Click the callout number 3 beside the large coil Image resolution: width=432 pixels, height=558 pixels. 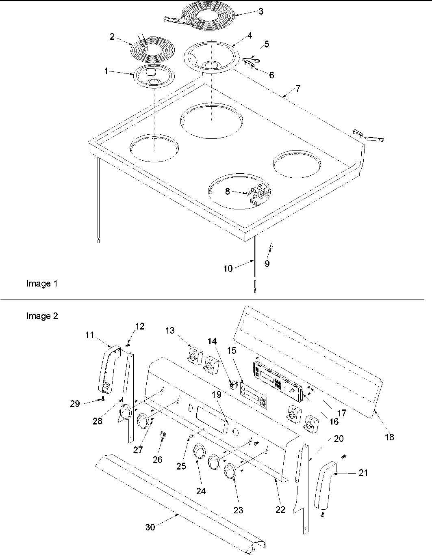point(261,11)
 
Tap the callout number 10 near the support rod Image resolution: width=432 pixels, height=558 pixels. point(228,268)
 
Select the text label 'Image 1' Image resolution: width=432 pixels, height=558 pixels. point(42,284)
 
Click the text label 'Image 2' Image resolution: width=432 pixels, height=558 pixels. point(42,316)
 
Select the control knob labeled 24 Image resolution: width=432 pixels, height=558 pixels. point(199,451)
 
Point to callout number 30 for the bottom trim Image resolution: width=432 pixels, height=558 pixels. point(150,528)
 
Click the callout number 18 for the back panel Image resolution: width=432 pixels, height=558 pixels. point(389,437)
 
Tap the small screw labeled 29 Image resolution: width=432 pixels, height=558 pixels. point(103,399)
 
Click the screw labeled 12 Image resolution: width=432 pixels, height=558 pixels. point(128,345)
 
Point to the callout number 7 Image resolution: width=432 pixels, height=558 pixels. point(298,88)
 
